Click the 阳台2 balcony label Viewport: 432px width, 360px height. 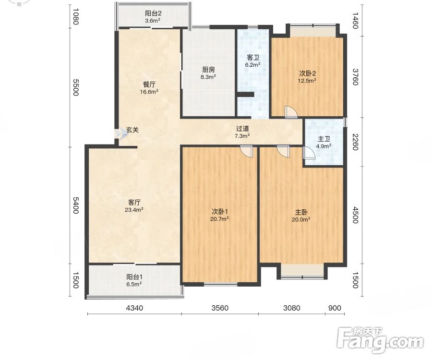[153, 13]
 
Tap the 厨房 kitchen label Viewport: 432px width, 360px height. [208, 70]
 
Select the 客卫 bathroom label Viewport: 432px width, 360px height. [253, 58]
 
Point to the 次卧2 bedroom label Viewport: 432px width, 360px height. [307, 73]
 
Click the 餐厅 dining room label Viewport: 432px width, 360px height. [149, 84]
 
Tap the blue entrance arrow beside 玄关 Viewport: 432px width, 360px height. [120, 134]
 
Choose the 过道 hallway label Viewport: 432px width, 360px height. [243, 129]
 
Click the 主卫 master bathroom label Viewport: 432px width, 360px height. [324, 139]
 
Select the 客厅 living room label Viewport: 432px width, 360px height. [134, 203]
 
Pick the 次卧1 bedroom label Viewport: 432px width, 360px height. [219, 212]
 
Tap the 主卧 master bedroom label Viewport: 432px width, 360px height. [301, 212]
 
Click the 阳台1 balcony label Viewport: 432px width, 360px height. [134, 277]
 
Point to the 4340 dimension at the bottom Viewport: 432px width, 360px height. [134, 308]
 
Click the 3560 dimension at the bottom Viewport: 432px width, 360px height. [220, 308]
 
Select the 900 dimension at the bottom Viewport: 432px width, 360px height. [335, 308]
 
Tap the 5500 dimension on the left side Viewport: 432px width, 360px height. [76, 87]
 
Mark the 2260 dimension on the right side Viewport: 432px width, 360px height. [355, 142]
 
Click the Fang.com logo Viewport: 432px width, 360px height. [380, 340]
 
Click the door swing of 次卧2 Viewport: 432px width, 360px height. [291, 112]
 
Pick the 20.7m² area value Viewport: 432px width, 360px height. [219, 219]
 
